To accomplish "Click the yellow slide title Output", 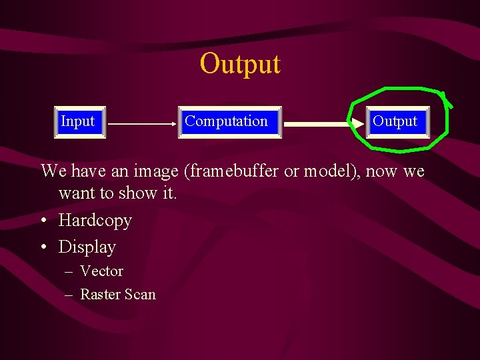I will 240,64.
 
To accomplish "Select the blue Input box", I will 79,121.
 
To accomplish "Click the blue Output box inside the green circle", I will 395,121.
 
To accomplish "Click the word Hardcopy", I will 95,220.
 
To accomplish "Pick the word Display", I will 87,247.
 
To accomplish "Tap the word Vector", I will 101,271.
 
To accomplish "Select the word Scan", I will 141,294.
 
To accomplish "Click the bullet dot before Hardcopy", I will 44,221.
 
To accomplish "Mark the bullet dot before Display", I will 44,247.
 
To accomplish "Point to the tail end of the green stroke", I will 451,105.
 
